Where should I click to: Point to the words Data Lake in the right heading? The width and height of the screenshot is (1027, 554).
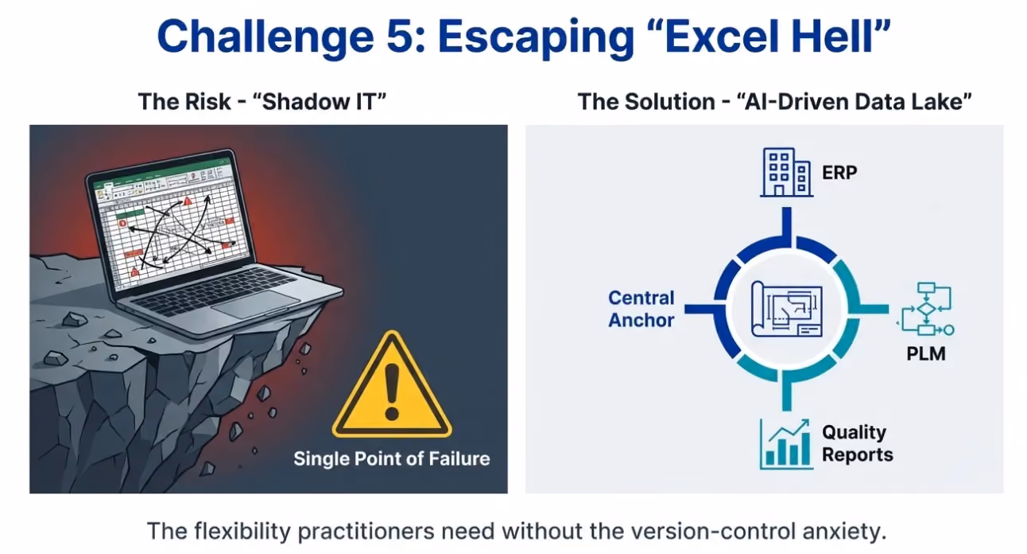click(909, 101)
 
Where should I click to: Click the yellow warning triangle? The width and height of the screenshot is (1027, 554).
click(392, 384)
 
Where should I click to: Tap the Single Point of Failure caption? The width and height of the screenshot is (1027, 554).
click(392, 458)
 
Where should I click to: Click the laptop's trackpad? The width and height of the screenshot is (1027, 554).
click(255, 304)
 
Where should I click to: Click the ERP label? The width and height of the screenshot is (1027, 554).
click(839, 173)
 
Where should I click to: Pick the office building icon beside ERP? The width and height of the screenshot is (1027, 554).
click(786, 173)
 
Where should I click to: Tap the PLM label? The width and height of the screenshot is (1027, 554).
click(926, 354)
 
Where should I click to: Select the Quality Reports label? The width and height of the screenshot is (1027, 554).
click(858, 443)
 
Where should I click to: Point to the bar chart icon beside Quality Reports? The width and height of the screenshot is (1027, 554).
click(786, 444)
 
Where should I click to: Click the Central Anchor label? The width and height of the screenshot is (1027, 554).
click(641, 309)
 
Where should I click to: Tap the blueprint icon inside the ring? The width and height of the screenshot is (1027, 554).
click(786, 309)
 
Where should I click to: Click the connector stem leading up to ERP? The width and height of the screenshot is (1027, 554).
click(787, 226)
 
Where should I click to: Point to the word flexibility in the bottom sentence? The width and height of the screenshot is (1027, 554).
click(242, 531)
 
